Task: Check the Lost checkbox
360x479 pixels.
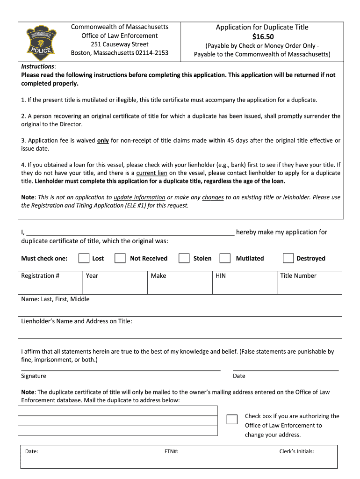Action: click(x=84, y=258)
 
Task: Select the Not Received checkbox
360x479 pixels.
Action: click(x=120, y=258)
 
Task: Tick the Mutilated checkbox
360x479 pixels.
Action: click(x=225, y=258)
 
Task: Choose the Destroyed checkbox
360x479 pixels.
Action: click(x=288, y=258)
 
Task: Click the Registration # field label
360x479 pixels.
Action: click(x=40, y=276)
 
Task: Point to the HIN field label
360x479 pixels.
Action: click(x=220, y=276)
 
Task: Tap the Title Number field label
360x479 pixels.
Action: click(x=298, y=276)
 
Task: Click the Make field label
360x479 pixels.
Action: click(x=158, y=276)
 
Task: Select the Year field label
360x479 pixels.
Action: click(x=92, y=276)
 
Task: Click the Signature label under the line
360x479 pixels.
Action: click(x=34, y=376)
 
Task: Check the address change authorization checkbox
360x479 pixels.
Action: click(x=232, y=419)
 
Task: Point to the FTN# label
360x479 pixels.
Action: click(x=171, y=451)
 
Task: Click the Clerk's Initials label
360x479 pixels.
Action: click(x=296, y=451)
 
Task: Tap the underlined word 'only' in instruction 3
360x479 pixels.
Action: click(x=103, y=140)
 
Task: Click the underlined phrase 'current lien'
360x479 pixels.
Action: click(x=151, y=173)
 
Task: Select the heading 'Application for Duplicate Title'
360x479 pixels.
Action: click(x=262, y=27)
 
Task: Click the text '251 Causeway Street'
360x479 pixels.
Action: click(x=120, y=44)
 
